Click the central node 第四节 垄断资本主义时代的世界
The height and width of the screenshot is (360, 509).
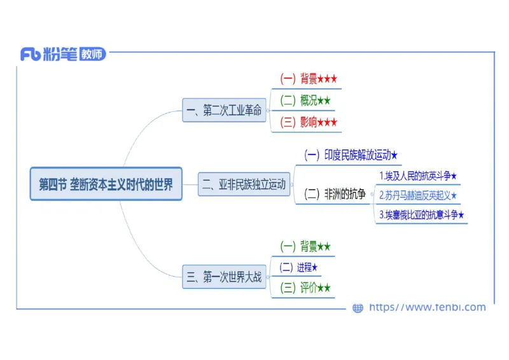[x=106, y=184]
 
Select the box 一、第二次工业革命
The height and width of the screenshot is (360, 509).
[x=223, y=111]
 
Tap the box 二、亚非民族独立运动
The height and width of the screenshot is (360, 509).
[x=244, y=184]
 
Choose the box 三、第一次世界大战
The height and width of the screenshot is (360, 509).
[x=223, y=277]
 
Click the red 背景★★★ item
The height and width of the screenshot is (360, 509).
[x=309, y=79]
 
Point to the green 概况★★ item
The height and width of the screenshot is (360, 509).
[x=305, y=100]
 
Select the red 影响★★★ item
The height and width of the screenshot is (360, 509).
[x=309, y=122]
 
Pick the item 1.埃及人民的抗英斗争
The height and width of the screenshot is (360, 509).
[x=418, y=176]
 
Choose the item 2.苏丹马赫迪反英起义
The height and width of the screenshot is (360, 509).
[x=418, y=195]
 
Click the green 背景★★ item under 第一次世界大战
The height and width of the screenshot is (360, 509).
[x=305, y=246]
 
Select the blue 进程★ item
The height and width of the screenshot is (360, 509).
[x=298, y=267]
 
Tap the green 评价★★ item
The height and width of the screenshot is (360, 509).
[x=305, y=288]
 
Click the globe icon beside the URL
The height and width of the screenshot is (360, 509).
[x=358, y=308]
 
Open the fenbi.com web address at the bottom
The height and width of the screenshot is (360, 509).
[x=427, y=308]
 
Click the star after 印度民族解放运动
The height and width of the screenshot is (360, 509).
[x=394, y=155]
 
